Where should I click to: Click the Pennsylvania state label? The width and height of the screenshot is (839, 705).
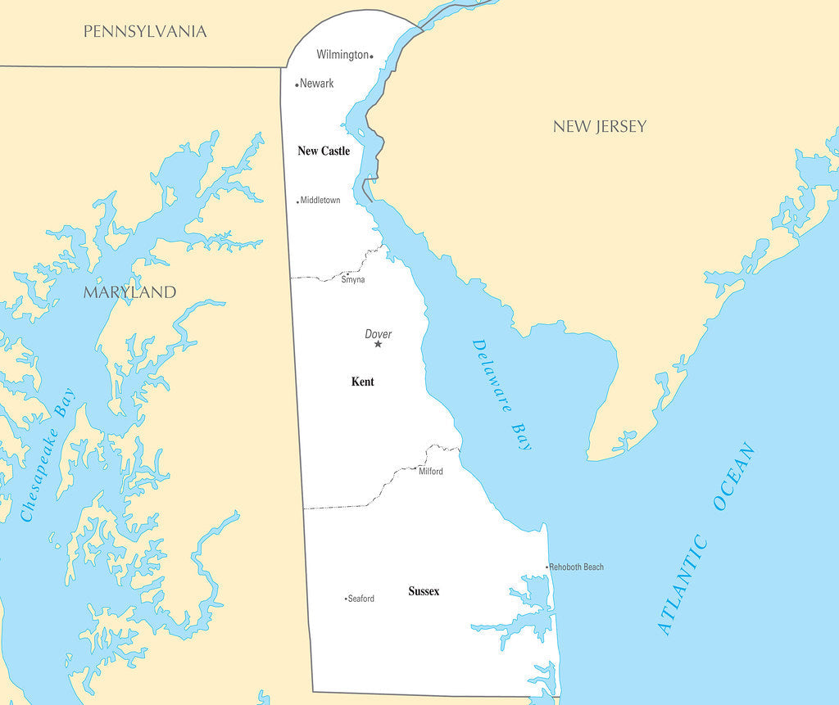[145, 32]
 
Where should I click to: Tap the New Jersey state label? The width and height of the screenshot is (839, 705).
[599, 126]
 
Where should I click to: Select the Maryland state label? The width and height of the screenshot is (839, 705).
[129, 292]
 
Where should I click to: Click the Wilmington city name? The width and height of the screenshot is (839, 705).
[342, 55]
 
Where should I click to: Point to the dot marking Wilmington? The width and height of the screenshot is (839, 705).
[371, 56]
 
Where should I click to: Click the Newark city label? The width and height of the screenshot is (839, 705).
[317, 84]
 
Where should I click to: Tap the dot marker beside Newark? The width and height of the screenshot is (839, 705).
[297, 84]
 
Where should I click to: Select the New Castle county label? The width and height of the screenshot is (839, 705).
[324, 151]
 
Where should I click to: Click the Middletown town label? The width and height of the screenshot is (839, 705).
[320, 201]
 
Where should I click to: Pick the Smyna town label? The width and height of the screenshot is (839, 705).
[353, 280]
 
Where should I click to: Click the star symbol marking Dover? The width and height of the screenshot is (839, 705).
[378, 344]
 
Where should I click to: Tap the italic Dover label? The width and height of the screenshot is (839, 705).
[378, 334]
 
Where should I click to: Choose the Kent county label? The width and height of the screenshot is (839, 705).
[362, 382]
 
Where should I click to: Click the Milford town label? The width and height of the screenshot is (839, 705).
[431, 472]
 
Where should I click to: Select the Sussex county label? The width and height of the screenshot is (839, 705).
[424, 591]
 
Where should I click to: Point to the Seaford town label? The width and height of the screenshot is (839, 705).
[361, 599]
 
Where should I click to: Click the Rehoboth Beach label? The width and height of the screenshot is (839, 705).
[577, 567]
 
